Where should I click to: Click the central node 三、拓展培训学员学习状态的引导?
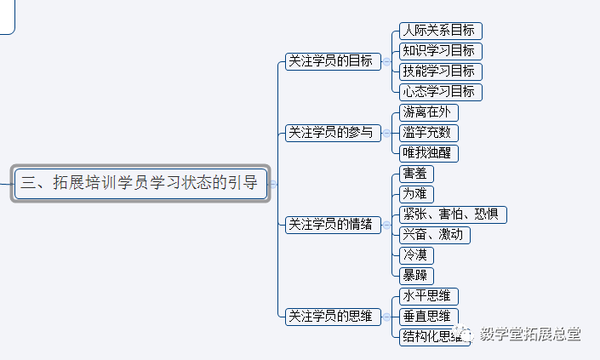point(141,183)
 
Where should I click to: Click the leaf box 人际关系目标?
point(440,31)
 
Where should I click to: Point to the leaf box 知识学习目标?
point(440,51)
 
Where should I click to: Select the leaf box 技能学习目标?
point(440,71)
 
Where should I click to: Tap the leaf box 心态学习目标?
point(440,91)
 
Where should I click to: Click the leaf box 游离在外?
point(429,112)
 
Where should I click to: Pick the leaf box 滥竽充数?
point(429,133)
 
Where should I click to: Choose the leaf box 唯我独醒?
point(429,153)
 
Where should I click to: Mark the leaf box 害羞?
point(416,174)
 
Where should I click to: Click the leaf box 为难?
point(416,194)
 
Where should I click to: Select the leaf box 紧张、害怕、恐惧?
point(453,214)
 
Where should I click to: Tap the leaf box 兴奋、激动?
point(434,235)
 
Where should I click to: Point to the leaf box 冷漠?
point(416,255)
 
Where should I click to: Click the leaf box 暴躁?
point(416,276)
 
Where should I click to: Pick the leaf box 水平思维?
point(429,296)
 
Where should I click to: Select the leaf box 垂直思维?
point(429,317)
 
